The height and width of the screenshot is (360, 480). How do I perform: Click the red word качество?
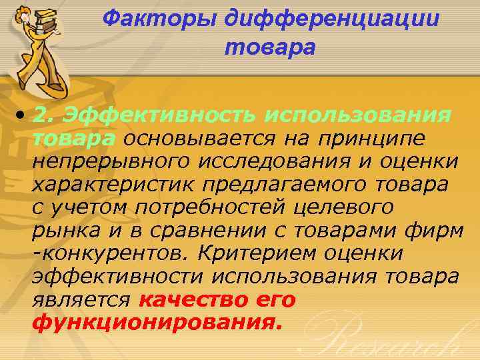189,300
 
